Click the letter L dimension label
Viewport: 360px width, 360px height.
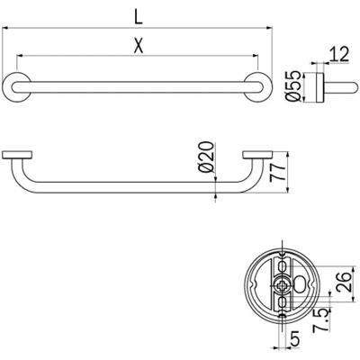coord(138,18)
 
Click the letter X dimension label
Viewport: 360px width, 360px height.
coord(138,46)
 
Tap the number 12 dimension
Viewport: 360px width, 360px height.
coord(339,55)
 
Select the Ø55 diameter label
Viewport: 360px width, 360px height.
coord(293,86)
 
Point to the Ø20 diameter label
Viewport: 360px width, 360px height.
coord(207,157)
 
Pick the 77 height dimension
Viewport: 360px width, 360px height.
coord(276,172)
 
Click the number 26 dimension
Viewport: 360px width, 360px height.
coord(343,282)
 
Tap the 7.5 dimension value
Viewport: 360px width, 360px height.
coord(319,321)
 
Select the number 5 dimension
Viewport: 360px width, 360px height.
coord(295,339)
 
